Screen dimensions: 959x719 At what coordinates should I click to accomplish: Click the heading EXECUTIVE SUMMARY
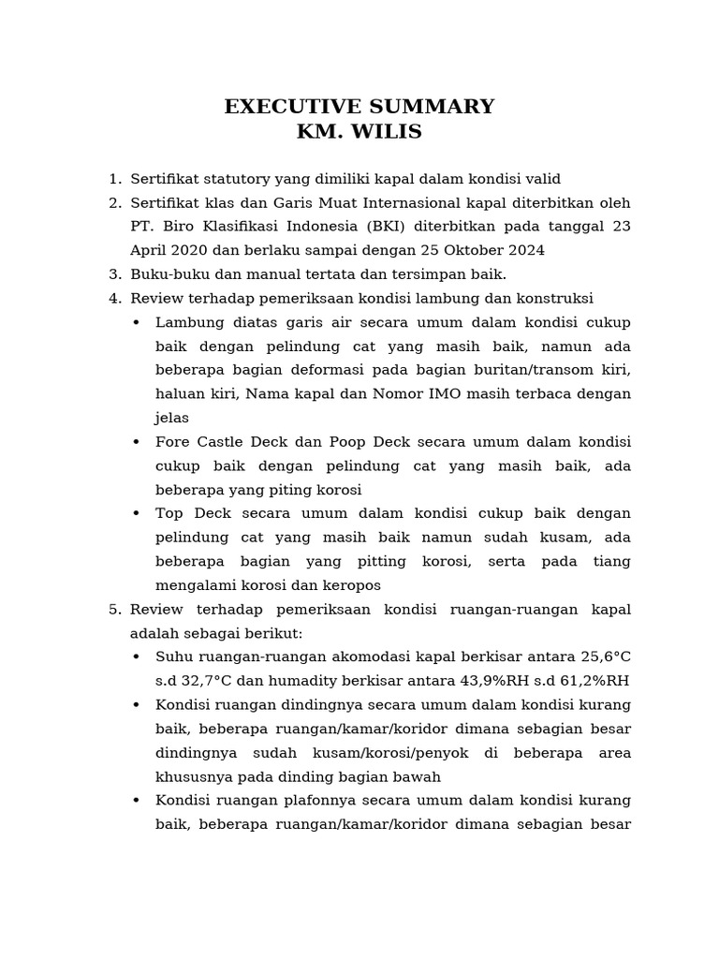click(359, 107)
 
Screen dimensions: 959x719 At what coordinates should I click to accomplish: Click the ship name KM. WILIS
click(359, 132)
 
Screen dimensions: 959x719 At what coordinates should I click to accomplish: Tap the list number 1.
click(113, 179)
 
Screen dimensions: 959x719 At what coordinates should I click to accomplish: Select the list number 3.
click(113, 274)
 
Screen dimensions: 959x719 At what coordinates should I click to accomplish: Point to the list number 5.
click(113, 610)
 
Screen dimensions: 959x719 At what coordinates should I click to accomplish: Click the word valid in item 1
click(541, 179)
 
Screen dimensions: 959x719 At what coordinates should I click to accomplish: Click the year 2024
click(524, 250)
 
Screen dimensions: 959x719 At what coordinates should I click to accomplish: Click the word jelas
click(172, 418)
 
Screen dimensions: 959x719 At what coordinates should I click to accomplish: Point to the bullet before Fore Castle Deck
click(137, 442)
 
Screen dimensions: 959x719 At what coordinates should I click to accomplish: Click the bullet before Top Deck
click(137, 514)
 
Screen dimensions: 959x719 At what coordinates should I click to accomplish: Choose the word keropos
click(349, 585)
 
